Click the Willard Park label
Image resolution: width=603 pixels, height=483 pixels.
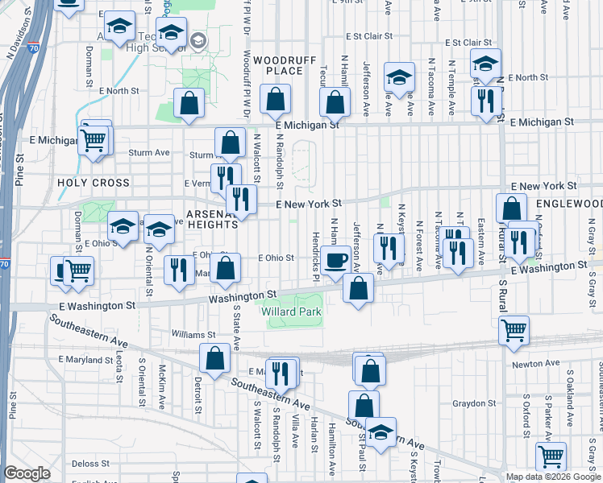(x=291, y=312)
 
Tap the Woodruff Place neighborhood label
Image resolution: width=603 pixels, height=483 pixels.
(x=278, y=65)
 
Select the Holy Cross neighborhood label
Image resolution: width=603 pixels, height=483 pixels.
(x=94, y=183)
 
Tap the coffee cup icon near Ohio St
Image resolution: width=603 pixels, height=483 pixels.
(x=335, y=260)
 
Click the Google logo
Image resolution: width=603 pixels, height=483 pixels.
(x=27, y=473)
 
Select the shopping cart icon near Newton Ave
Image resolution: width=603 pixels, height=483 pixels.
(x=514, y=329)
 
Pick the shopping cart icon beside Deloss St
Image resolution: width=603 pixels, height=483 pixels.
(x=551, y=456)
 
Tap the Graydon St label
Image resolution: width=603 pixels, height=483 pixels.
(x=473, y=403)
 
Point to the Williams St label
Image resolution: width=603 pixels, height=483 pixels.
(x=193, y=334)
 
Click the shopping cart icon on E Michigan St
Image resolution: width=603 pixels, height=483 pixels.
(x=94, y=140)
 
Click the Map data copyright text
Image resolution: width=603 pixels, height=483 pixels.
(x=553, y=477)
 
